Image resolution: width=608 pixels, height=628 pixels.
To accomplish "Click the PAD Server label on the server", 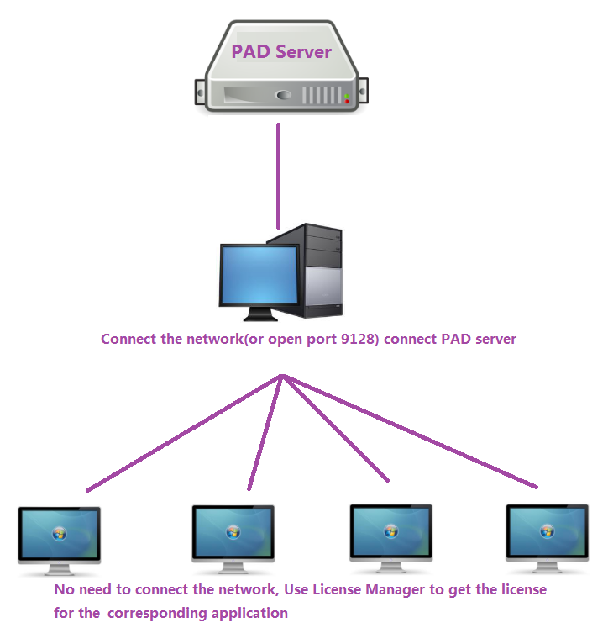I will (x=281, y=51).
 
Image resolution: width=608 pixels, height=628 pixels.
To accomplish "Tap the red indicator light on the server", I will (x=347, y=102).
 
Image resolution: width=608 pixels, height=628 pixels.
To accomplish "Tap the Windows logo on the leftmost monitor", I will (x=60, y=533).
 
